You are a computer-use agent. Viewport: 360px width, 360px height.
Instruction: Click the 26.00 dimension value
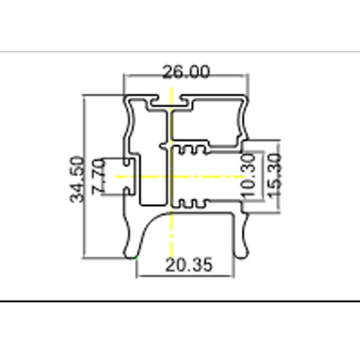186,71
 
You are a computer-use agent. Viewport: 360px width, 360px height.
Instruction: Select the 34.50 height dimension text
77,179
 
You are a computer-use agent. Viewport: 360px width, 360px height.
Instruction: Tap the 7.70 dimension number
99,176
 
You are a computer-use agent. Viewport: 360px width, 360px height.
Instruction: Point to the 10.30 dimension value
248,176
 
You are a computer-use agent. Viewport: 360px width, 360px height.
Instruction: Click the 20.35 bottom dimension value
189,265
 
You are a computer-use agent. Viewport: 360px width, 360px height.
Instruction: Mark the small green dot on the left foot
137,257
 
